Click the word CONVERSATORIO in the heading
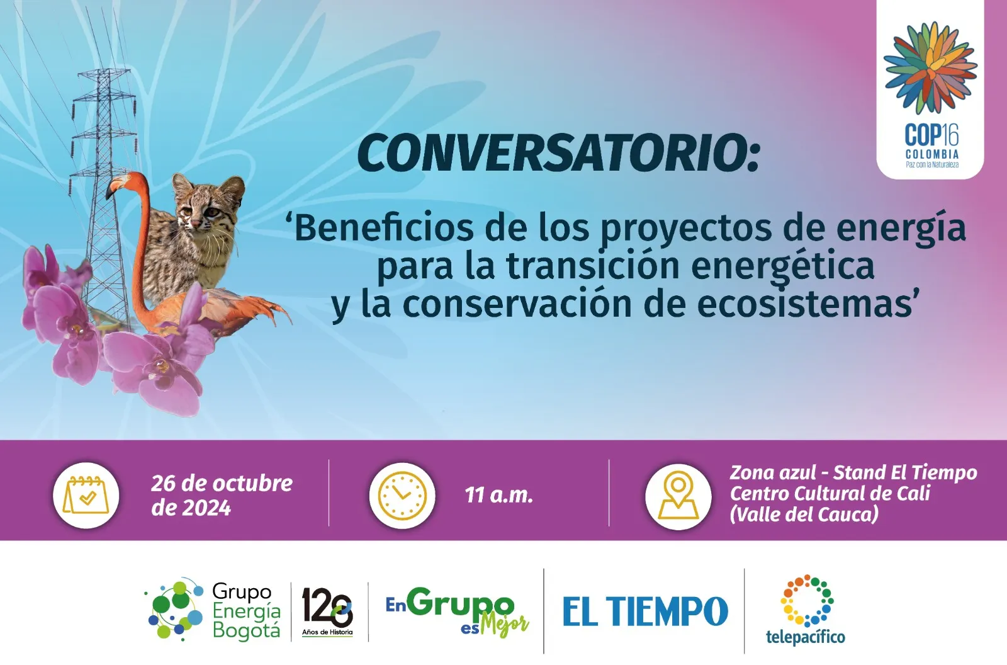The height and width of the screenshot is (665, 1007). pyautogui.click(x=553, y=153)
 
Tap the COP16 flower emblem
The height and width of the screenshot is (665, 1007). pyautogui.click(x=930, y=67)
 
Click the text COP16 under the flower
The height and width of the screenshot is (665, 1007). pyautogui.click(x=931, y=135)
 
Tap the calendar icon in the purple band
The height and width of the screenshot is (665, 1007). pyautogui.click(x=86, y=495)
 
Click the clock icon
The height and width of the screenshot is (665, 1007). pyautogui.click(x=402, y=495)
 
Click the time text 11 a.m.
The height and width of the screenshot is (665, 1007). pyautogui.click(x=498, y=496)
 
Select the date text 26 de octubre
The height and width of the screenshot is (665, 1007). pyautogui.click(x=222, y=484)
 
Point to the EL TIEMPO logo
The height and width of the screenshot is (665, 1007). pyautogui.click(x=645, y=611)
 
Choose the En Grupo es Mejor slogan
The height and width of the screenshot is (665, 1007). pyautogui.click(x=457, y=611)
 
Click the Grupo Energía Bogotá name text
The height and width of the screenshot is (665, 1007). pyautogui.click(x=246, y=611)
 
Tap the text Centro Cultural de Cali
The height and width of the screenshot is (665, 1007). pyautogui.click(x=830, y=494)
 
